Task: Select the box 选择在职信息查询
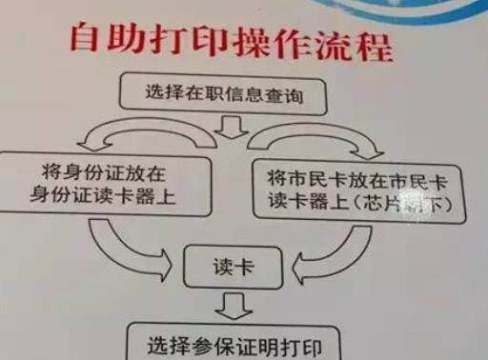point(227,93)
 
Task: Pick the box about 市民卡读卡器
point(360,190)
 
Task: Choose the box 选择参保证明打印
point(234,344)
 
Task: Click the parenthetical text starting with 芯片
point(404,203)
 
